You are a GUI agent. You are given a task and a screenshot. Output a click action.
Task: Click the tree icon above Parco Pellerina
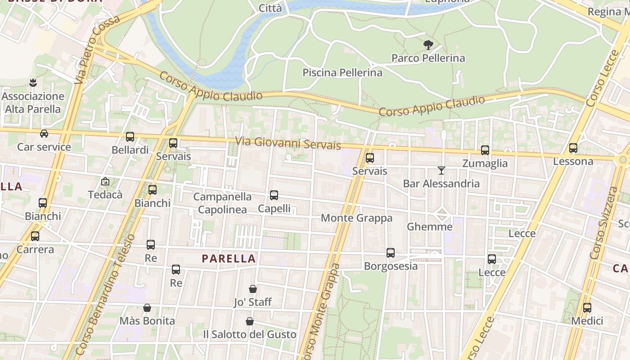coord(428,45)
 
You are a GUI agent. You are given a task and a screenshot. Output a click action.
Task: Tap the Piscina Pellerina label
coord(342,72)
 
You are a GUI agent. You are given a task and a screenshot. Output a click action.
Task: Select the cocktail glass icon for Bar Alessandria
coord(441,171)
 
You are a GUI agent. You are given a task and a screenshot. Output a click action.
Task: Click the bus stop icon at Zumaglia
coord(485,150)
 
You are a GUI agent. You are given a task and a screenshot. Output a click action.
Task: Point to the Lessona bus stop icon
coord(573,148)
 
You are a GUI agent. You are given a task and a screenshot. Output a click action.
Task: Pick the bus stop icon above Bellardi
coord(130,137)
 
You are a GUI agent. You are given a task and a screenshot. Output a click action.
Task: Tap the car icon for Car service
coord(44,134)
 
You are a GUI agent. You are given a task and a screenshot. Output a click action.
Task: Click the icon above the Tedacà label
coord(105,182)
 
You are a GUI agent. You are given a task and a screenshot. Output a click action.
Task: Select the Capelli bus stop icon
coord(274,195)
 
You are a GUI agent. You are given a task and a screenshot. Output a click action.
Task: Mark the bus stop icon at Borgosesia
coord(391,253)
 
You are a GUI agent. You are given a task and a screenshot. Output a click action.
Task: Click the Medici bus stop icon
coord(587,308)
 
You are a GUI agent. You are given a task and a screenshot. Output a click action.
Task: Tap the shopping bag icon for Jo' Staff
coord(253,289)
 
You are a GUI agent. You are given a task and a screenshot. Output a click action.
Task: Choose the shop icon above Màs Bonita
coord(147,308)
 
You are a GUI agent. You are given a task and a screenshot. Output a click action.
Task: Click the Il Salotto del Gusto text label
coord(249,334)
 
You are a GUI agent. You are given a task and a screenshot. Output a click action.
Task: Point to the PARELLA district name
coord(229,259)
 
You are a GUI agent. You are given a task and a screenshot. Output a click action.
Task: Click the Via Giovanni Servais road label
coord(288,143)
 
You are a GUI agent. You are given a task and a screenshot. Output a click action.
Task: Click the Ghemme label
coord(429,227)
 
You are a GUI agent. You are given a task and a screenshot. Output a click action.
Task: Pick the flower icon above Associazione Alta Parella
coord(32,83)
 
